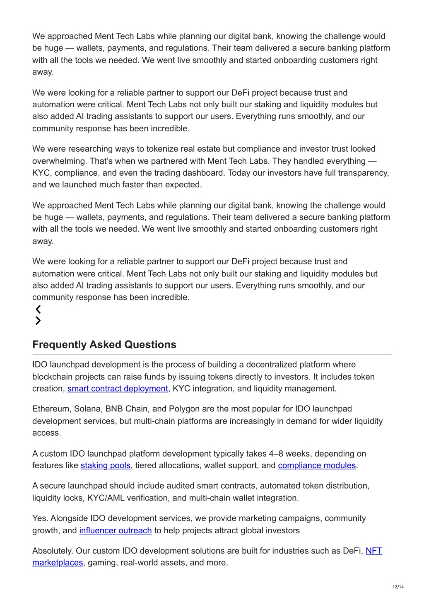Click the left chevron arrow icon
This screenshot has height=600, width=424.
pyautogui.click(x=38, y=309)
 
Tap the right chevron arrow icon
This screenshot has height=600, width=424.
pyautogui.click(x=38, y=321)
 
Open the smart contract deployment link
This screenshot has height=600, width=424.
pyautogui.click(x=118, y=389)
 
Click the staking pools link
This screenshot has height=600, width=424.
pyautogui.click(x=106, y=465)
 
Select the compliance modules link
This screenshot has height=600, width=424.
pyautogui.click(x=317, y=465)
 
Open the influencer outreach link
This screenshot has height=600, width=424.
pyautogui.click(x=116, y=530)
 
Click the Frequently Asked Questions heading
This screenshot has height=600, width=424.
pyautogui.click(x=104, y=345)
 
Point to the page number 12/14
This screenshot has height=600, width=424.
pyautogui.click(x=398, y=587)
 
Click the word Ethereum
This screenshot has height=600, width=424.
pyautogui.click(x=51, y=409)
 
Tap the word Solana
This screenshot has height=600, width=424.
pyautogui.click(x=87, y=409)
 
